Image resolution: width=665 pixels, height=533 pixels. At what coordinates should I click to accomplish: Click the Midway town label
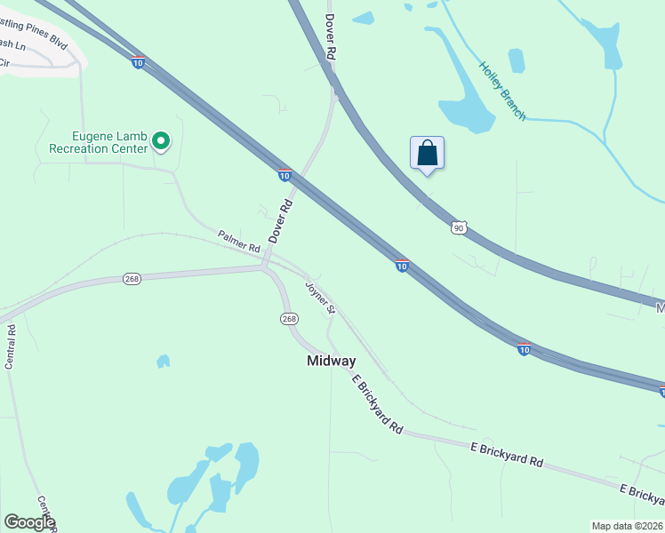331,361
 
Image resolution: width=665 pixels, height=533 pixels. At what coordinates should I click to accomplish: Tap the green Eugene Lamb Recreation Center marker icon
161,141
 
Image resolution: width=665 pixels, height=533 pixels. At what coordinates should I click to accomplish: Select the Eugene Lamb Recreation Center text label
110,142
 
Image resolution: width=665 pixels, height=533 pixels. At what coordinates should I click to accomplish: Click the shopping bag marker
427,153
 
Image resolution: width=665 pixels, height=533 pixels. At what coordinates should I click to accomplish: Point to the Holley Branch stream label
502,91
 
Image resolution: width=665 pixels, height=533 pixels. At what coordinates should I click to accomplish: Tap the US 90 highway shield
458,228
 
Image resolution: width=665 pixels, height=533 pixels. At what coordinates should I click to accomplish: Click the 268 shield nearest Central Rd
132,279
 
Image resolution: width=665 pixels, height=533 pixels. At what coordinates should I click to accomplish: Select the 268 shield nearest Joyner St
288,319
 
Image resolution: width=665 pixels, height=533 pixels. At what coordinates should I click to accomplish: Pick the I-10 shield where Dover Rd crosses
284,175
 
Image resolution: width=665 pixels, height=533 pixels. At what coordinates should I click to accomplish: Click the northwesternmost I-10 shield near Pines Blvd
138,62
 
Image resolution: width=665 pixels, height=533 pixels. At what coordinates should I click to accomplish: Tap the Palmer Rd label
238,240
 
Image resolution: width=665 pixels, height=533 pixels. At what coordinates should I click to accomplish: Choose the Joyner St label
320,298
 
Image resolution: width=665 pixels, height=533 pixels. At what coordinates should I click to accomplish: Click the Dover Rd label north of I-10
330,37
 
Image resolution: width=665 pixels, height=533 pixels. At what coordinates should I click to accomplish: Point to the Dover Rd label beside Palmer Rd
281,221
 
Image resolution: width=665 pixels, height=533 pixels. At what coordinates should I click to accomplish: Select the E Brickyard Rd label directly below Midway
377,404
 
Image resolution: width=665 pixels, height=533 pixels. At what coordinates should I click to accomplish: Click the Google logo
29,522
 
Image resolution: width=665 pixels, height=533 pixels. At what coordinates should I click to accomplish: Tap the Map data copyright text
627,526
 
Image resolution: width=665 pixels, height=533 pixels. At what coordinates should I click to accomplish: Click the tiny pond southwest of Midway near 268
163,362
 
